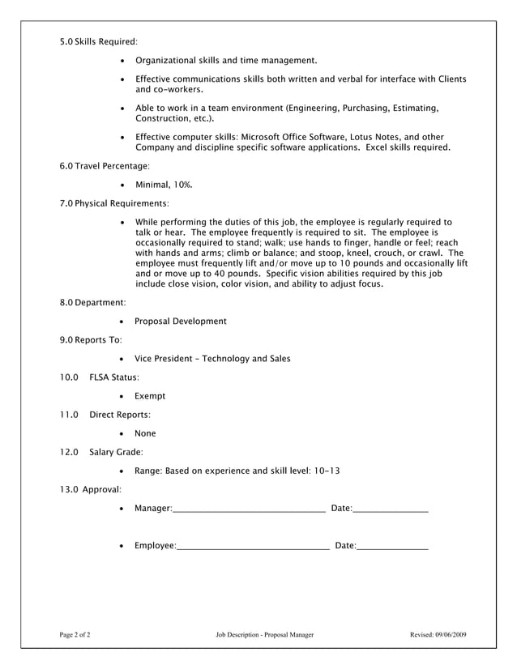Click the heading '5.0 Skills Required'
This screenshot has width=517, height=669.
[x=99, y=40]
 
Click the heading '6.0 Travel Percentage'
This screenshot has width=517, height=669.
[x=105, y=166]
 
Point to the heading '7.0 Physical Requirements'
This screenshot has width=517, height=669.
[x=114, y=203]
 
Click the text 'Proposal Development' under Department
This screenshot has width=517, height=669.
[x=181, y=322]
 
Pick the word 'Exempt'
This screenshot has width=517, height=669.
[x=150, y=396]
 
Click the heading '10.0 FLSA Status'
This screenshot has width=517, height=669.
[x=100, y=377]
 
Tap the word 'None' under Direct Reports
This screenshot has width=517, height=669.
[x=146, y=433]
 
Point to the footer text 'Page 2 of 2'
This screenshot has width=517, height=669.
[x=75, y=635]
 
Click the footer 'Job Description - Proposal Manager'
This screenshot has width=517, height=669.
[x=265, y=635]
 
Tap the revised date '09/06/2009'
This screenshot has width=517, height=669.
[x=451, y=635]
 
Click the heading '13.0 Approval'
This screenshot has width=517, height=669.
[x=91, y=489]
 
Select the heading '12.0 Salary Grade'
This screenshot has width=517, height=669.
[x=101, y=452]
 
